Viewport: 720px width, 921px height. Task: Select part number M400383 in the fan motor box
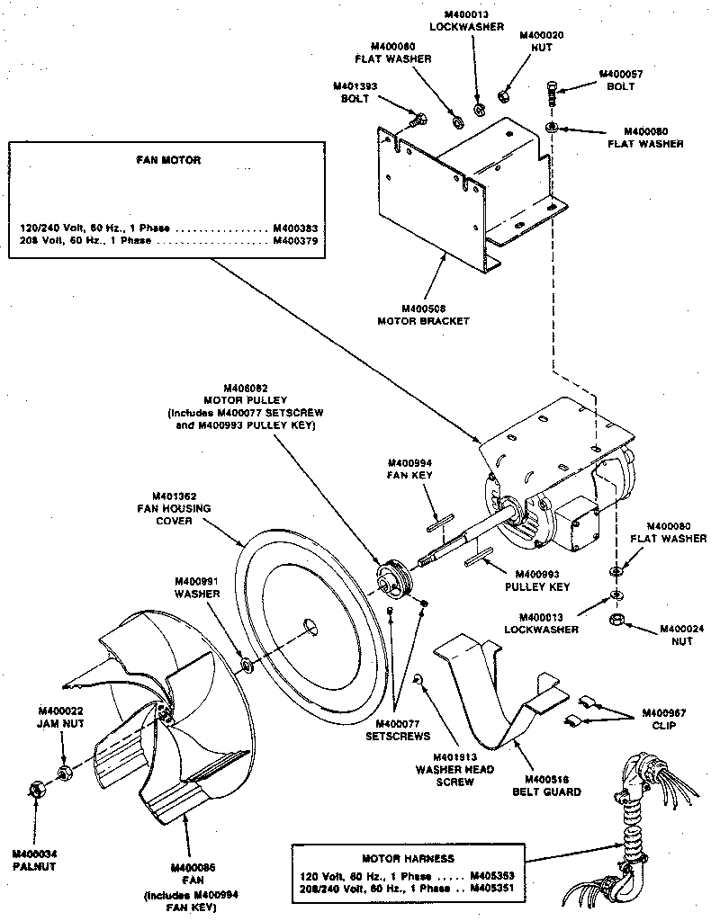pyautogui.click(x=296, y=228)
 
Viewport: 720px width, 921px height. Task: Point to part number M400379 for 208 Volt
pyautogui.click(x=296, y=241)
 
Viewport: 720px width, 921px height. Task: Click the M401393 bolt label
pyautogui.click(x=354, y=92)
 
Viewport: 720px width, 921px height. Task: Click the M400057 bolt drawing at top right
pyautogui.click(x=553, y=92)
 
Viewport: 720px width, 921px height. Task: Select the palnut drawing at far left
pyautogui.click(x=37, y=790)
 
